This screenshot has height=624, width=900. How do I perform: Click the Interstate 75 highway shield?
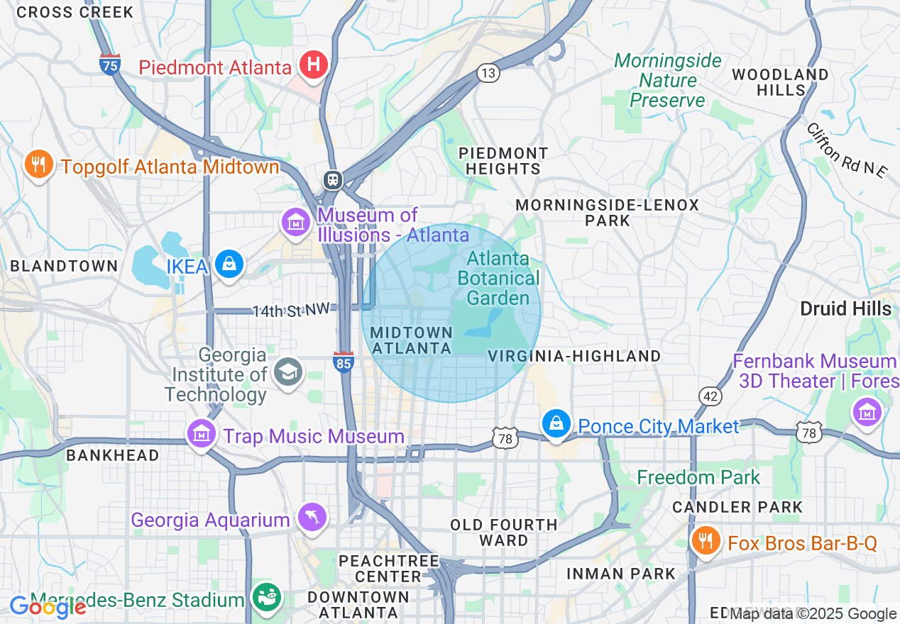tap(109, 64)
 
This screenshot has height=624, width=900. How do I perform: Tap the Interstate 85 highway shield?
tap(344, 362)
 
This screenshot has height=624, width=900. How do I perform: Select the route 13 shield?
tap(488, 73)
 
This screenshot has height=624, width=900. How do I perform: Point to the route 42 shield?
tap(710, 396)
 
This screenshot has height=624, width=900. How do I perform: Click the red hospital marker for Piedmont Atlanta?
tap(312, 66)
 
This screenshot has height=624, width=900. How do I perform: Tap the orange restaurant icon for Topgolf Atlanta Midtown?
tap(38, 165)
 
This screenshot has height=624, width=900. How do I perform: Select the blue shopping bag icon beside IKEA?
tap(229, 264)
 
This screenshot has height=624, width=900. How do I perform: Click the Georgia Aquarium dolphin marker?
tap(312, 517)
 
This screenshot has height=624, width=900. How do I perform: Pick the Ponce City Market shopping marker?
tap(556, 424)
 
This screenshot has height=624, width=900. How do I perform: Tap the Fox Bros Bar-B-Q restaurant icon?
tap(705, 541)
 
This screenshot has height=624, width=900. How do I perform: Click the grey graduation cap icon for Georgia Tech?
tap(288, 372)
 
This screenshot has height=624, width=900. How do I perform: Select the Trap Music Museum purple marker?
tap(201, 433)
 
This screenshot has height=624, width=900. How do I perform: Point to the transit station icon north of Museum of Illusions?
tap(332, 179)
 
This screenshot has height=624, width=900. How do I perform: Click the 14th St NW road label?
tap(292, 311)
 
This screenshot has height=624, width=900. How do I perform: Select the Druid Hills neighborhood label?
tap(845, 308)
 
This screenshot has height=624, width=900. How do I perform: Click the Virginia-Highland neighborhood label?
tap(574, 356)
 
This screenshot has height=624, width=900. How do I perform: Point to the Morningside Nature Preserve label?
tap(667, 80)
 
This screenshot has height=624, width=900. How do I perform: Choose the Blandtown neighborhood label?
tap(64, 266)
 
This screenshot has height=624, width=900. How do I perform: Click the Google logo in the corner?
tap(47, 607)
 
